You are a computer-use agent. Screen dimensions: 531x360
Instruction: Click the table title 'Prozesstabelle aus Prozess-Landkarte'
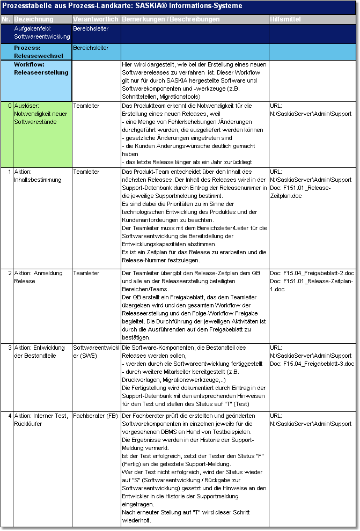click(122, 6)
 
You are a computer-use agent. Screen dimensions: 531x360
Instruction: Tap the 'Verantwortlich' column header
click(95, 19)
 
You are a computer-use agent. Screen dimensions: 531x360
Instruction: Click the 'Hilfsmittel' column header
click(285, 19)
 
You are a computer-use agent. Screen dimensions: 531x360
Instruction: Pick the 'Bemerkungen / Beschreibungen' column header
click(171, 19)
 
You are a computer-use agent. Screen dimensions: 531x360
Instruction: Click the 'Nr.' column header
click(6, 19)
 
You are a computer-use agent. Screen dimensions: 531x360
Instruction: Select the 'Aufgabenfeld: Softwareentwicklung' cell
click(42, 33)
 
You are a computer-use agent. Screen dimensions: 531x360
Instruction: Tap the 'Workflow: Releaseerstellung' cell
click(41, 68)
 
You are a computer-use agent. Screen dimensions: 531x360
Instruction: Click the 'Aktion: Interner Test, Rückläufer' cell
click(41, 419)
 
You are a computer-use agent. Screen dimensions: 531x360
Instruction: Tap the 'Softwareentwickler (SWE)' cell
click(95, 351)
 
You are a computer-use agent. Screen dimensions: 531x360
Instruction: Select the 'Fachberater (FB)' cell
click(95, 416)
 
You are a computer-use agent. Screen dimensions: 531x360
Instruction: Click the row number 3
click(10, 348)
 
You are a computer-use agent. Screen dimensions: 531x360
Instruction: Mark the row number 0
click(10, 106)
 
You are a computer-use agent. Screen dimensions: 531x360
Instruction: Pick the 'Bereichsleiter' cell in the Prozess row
click(91, 48)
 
